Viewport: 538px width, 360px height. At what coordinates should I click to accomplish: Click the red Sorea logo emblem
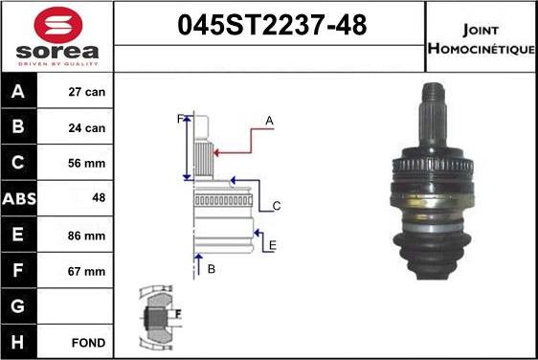pos(58,24)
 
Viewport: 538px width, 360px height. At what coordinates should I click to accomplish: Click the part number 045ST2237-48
pos(272,25)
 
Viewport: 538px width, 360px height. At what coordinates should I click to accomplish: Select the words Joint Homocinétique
pos(482,39)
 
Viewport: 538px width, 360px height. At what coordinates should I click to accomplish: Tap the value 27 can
pos(87,92)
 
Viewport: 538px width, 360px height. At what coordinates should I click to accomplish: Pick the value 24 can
pos(87,128)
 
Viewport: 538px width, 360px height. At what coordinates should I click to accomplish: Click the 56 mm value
pos(86,163)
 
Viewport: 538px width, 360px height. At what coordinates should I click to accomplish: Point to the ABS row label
pos(19,199)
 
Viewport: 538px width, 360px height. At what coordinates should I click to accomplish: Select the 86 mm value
pos(86,236)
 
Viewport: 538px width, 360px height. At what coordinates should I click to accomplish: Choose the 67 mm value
pos(86,272)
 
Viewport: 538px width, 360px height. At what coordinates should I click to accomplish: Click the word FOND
pos(88,343)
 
